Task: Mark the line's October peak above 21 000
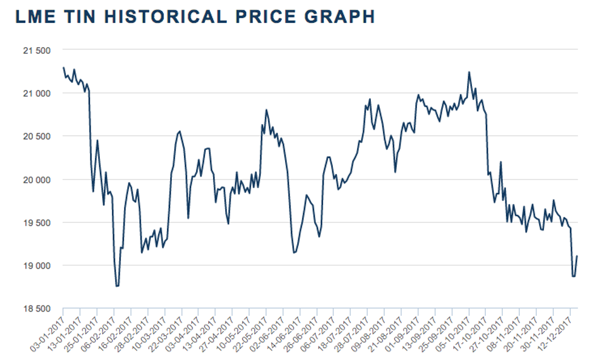469,72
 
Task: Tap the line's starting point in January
63,67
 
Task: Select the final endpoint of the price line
577,256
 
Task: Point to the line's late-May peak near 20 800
266,110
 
